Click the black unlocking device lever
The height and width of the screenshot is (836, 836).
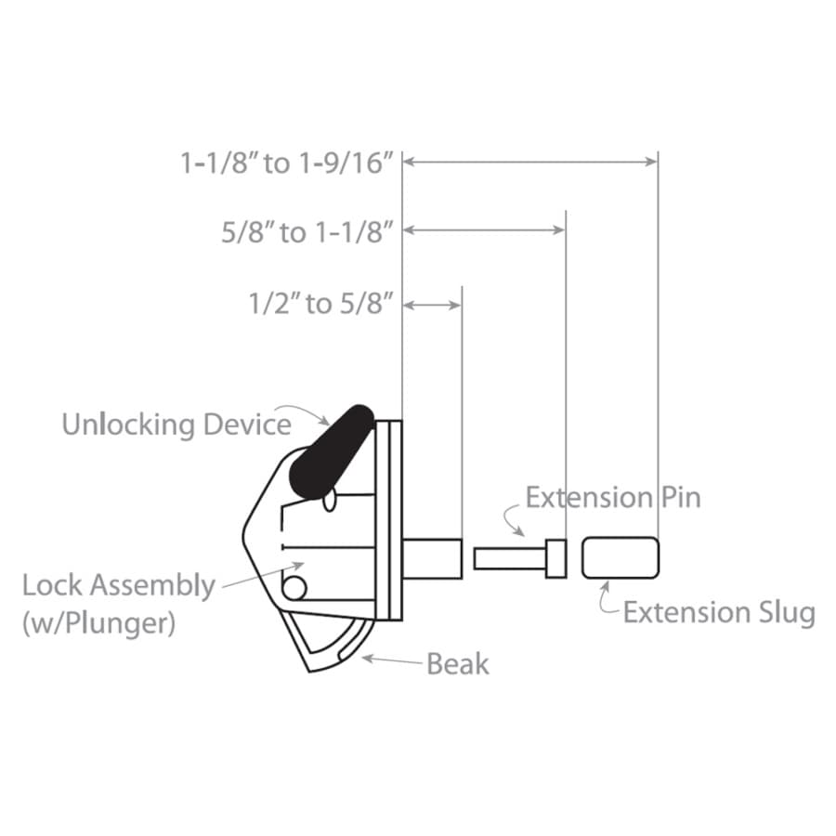pos(331,452)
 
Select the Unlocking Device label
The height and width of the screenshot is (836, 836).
pos(176,425)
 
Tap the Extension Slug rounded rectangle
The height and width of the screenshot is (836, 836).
pos(620,557)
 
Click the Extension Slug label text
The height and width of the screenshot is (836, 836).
pos(719,613)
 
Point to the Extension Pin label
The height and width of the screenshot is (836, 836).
pos(613,498)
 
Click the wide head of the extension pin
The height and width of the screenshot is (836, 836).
pos(556,558)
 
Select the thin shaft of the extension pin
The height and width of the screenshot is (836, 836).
pos(510,558)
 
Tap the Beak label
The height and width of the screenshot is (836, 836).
pos(458,664)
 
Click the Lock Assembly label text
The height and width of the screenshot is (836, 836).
pos(118,586)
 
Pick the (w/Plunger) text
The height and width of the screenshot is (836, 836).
pos(98,622)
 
